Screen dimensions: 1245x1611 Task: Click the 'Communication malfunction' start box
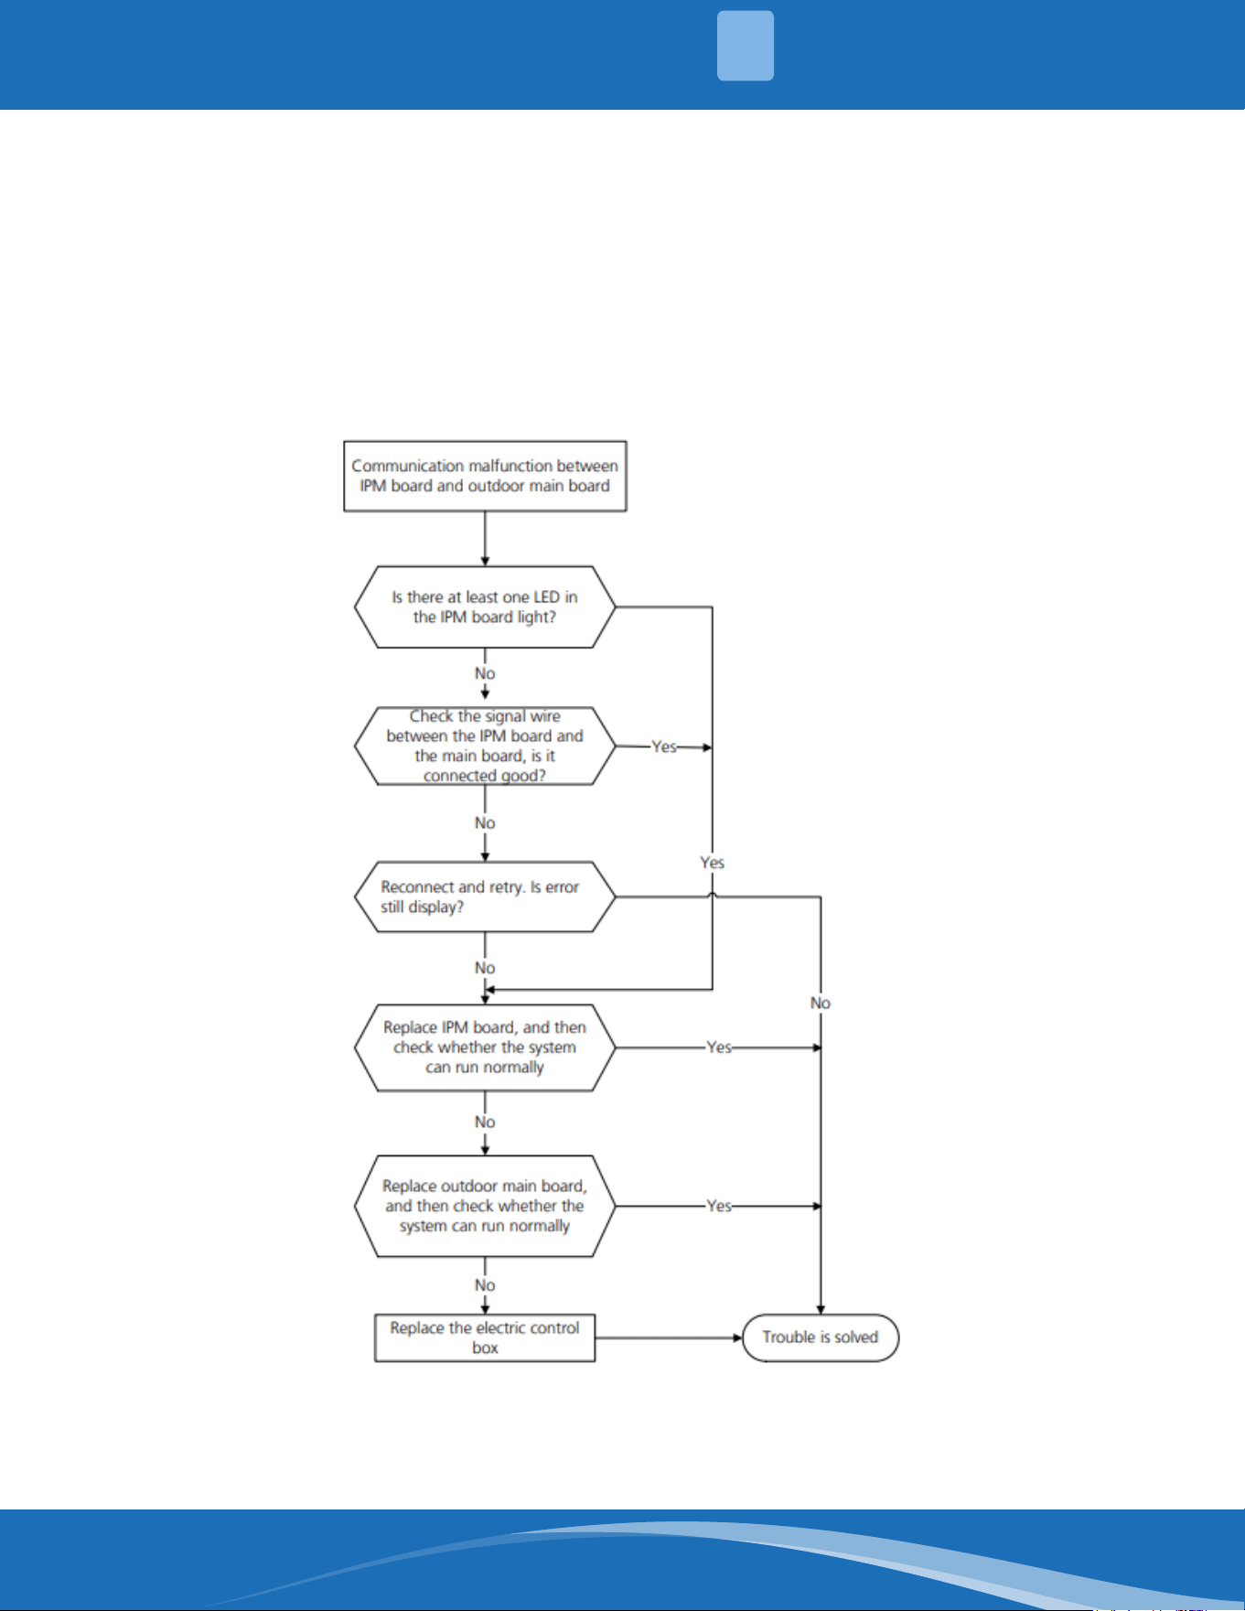point(485,476)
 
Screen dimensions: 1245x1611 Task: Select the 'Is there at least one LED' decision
point(485,607)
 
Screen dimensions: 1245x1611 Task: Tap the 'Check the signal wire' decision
point(485,746)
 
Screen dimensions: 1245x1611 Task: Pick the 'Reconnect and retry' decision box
point(485,897)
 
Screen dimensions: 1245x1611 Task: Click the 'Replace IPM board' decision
point(485,1047)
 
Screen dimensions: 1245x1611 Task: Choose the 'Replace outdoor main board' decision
point(485,1206)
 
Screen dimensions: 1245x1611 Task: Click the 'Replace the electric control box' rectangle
point(485,1337)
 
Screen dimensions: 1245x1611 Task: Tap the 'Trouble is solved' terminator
point(821,1337)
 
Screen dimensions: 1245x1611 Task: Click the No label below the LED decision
point(485,673)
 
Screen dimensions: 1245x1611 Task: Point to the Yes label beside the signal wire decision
point(664,746)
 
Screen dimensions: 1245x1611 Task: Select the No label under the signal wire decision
point(485,823)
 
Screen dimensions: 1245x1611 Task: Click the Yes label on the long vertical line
point(713,863)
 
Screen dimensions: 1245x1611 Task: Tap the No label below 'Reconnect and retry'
point(485,968)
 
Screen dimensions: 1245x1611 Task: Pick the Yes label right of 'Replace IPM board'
point(719,1047)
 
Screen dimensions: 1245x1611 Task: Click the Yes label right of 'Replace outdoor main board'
point(719,1206)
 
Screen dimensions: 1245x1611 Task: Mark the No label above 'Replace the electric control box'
point(485,1285)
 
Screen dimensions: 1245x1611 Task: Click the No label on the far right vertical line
point(821,1004)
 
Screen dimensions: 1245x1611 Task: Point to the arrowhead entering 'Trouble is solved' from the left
point(737,1337)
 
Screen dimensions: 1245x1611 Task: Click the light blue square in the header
point(746,46)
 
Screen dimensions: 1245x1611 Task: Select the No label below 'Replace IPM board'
point(485,1122)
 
